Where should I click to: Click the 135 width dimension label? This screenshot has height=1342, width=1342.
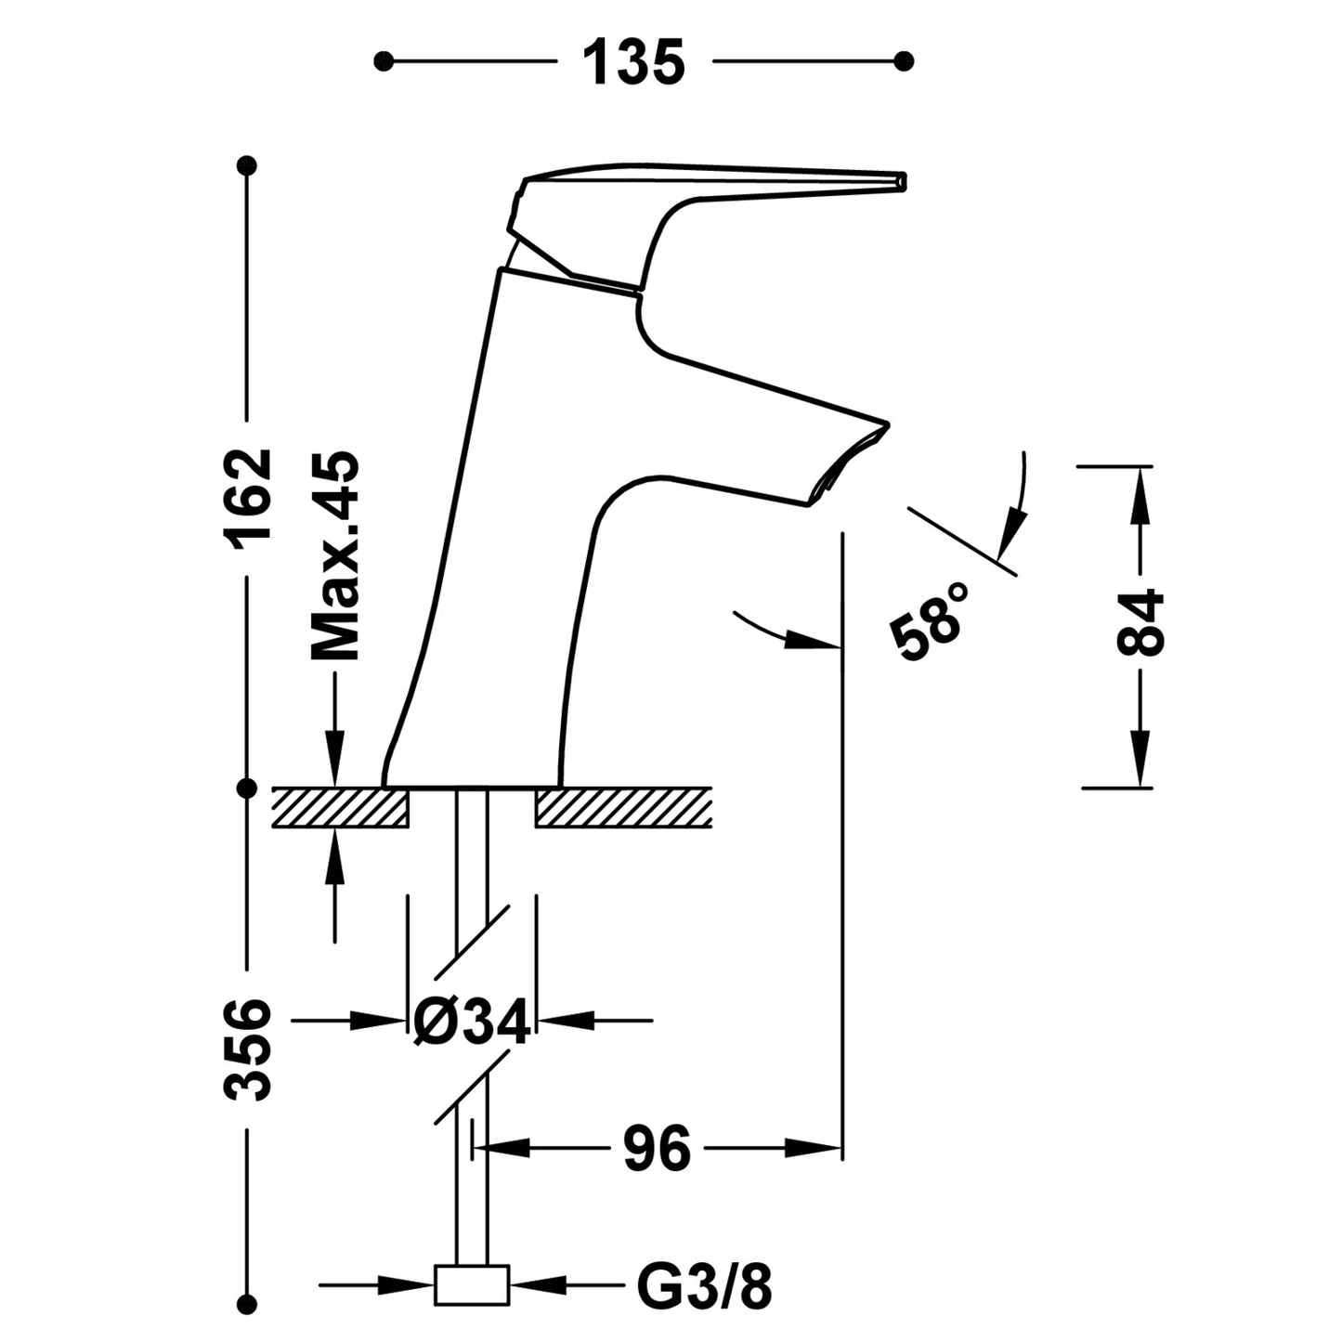pyautogui.click(x=633, y=63)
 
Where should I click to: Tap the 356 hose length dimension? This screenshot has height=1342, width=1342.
pyautogui.click(x=249, y=1049)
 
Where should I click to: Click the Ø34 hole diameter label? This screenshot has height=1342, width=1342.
pyautogui.click(x=472, y=1022)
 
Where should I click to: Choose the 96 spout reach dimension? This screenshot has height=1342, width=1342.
pyautogui.click(x=657, y=1149)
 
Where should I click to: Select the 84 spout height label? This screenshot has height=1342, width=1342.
pyautogui.click(x=1140, y=623)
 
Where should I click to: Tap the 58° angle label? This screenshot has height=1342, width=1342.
pyautogui.click(x=930, y=621)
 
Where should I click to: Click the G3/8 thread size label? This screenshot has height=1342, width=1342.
pyautogui.click(x=705, y=1286)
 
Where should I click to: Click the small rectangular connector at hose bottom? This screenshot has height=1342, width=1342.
pyautogui.click(x=472, y=1285)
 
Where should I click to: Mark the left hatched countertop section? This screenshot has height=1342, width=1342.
pyautogui.click(x=340, y=807)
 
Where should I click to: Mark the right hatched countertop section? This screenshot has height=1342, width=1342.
pyautogui.click(x=623, y=807)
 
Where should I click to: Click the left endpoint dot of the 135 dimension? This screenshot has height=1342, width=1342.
pyautogui.click(x=381, y=62)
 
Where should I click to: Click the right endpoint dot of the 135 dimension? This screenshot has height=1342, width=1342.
pyautogui.click(x=905, y=62)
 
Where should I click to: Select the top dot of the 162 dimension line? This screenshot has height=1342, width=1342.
pyautogui.click(x=247, y=166)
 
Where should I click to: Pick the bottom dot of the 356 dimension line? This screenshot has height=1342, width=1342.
pyautogui.click(x=247, y=1302)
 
